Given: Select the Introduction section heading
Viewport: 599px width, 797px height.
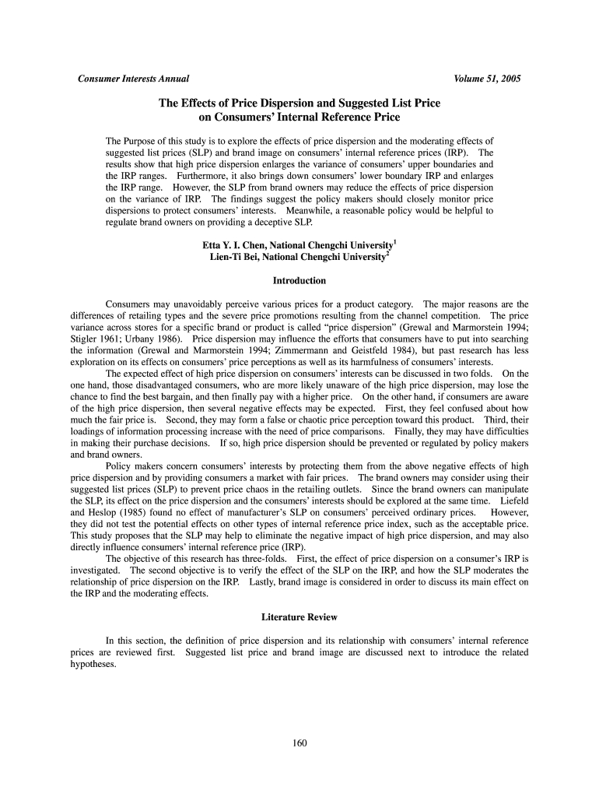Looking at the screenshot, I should point(299,280).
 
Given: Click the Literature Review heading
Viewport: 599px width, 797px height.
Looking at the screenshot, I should point(299,617).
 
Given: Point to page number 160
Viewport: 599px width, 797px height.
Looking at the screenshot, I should point(299,743).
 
